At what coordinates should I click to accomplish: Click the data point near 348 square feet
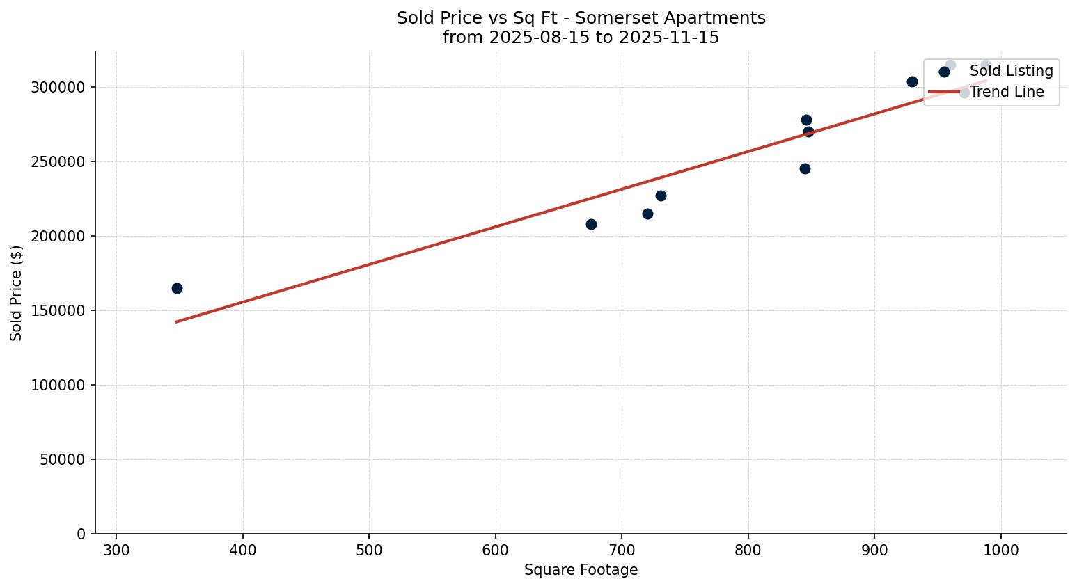[x=177, y=288]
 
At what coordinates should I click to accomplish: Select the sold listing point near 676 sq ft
[x=591, y=224]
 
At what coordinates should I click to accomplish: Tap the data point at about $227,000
[x=661, y=196]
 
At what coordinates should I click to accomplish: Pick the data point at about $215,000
[x=647, y=214]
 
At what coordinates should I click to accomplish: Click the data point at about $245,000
[x=805, y=168]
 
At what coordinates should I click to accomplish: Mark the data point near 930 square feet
[x=912, y=81]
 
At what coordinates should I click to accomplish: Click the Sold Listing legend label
[x=1011, y=71]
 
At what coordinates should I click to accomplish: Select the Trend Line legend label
[x=1007, y=92]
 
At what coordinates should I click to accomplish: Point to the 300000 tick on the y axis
[x=58, y=88]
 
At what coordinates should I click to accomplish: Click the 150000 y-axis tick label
[x=58, y=311]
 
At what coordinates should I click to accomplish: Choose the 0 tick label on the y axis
[x=81, y=534]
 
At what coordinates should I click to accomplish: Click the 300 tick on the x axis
[x=116, y=550]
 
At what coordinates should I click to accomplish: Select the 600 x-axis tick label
[x=496, y=550]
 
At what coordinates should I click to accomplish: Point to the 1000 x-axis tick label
[x=1001, y=550]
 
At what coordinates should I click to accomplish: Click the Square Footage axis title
[x=581, y=571]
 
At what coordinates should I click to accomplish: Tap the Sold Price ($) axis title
[x=17, y=293]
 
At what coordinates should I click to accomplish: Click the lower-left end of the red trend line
[x=176, y=322]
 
